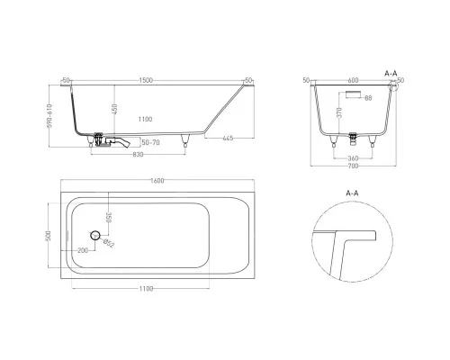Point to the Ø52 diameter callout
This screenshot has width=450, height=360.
coord(108,244)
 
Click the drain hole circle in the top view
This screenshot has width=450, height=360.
coord(93,235)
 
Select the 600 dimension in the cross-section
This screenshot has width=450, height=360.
coord(352,80)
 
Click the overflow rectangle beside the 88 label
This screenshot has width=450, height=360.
coord(353,92)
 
